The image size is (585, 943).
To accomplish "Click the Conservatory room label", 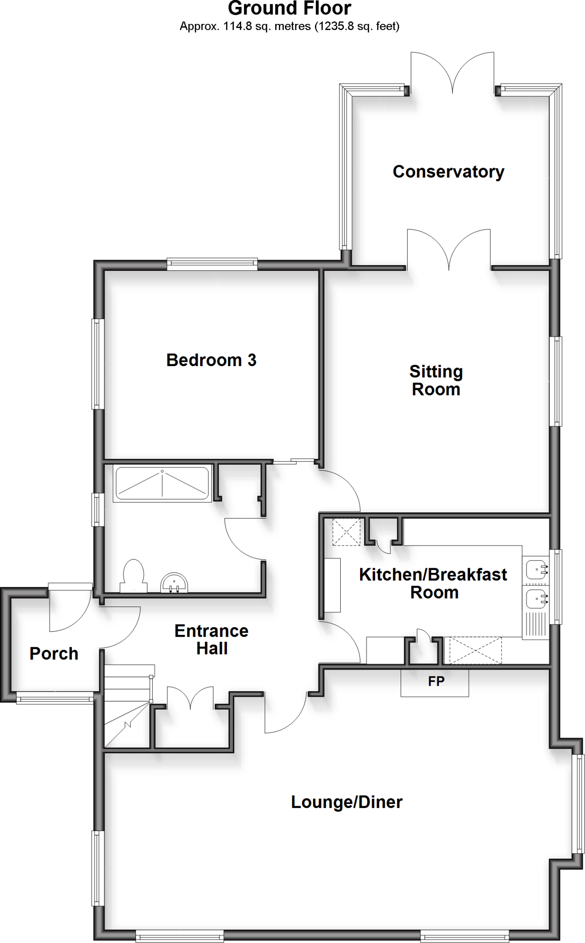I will pyautogui.click(x=448, y=172).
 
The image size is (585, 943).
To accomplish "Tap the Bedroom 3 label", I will pyautogui.click(x=211, y=360).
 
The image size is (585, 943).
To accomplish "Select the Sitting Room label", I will pyautogui.click(x=436, y=380).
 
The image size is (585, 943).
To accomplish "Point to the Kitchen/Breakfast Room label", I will pyautogui.click(x=433, y=583).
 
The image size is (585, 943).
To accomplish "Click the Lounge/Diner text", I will pyautogui.click(x=347, y=802).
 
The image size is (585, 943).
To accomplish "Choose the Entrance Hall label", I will pyautogui.click(x=212, y=640).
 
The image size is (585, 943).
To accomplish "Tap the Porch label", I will pyautogui.click(x=54, y=653).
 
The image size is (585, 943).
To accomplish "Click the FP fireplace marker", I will pyautogui.click(x=436, y=681).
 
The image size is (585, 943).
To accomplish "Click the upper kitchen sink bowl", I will pyautogui.click(x=536, y=570).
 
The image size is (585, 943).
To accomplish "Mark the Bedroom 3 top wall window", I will pyautogui.click(x=212, y=263).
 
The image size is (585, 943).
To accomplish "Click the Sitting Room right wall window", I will pyautogui.click(x=557, y=381).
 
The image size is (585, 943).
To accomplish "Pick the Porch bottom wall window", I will pyautogui.click(x=55, y=699).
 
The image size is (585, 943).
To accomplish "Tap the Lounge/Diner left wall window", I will pyautogui.click(x=97, y=868).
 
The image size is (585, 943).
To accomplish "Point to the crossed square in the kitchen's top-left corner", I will pyautogui.click(x=347, y=532).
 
